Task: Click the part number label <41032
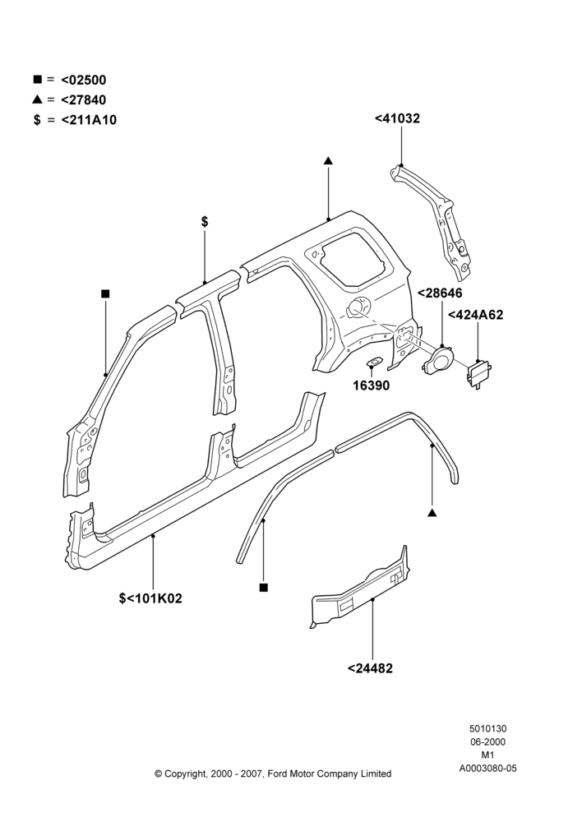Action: click(x=397, y=118)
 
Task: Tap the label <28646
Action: click(x=440, y=293)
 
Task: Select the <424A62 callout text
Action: click(x=475, y=315)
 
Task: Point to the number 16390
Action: click(x=372, y=386)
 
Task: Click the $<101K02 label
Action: click(x=150, y=598)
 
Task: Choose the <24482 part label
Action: click(x=370, y=668)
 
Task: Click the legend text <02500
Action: click(x=83, y=81)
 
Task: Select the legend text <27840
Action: click(x=83, y=100)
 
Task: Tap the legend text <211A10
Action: click(x=89, y=120)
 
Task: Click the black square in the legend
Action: click(x=37, y=79)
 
